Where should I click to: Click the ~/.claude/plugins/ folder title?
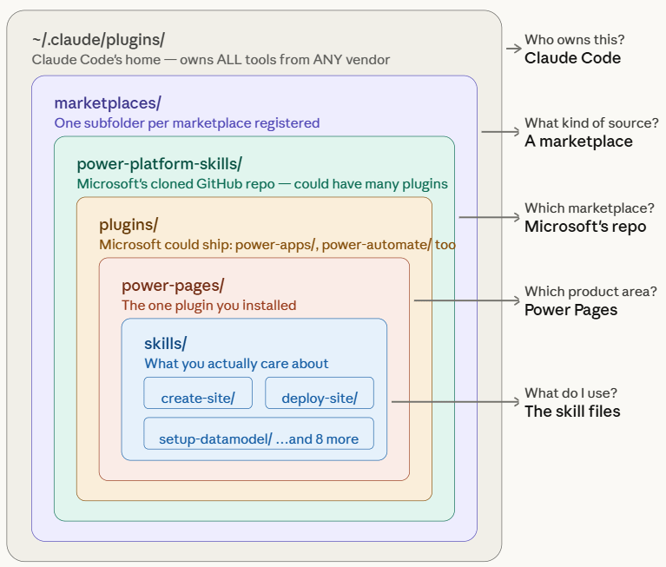[x=98, y=40]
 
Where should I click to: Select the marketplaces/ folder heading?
[x=108, y=103]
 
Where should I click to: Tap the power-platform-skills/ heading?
[x=159, y=164]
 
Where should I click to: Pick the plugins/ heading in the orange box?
[x=129, y=225]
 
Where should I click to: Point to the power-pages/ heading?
[x=173, y=286]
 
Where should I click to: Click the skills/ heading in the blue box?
[x=165, y=344]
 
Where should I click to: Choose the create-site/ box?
[x=197, y=399]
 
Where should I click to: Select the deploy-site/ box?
[x=320, y=399]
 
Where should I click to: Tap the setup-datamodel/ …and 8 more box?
[x=259, y=438]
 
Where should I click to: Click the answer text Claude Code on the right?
[x=572, y=58]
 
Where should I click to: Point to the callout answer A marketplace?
[x=578, y=142]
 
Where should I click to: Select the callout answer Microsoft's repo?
[x=585, y=227]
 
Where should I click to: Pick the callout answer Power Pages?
[x=570, y=310]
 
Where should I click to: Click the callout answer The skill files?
[x=572, y=412]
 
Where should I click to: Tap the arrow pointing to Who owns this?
[x=512, y=49]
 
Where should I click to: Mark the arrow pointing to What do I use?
[x=455, y=402]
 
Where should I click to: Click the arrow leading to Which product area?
[x=466, y=301]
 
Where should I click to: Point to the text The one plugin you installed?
[x=208, y=306]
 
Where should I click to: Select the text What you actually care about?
[x=236, y=364]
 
